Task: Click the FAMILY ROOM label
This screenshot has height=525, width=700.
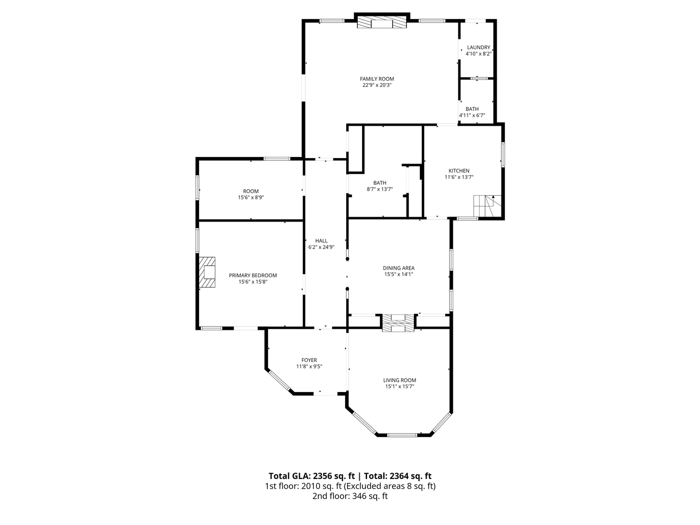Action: pyautogui.click(x=377, y=79)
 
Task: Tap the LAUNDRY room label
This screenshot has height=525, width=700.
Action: pyautogui.click(x=479, y=48)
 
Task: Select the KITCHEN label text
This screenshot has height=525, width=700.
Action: pyautogui.click(x=459, y=171)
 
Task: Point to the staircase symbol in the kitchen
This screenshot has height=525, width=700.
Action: pyautogui.click(x=487, y=206)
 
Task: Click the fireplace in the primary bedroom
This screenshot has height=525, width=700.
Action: pyautogui.click(x=207, y=272)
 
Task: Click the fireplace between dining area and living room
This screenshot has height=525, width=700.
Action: pyautogui.click(x=398, y=323)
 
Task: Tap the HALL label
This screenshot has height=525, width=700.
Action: pyautogui.click(x=321, y=241)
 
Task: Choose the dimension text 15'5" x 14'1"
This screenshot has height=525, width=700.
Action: pyautogui.click(x=399, y=274)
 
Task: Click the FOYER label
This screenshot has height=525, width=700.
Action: pyautogui.click(x=309, y=360)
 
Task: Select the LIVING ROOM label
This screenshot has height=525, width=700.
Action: pyautogui.click(x=400, y=380)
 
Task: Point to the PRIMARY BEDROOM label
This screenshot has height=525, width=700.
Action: pyautogui.click(x=253, y=276)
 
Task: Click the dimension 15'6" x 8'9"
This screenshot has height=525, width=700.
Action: pyautogui.click(x=250, y=197)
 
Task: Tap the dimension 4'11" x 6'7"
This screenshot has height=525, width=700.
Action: pyautogui.click(x=472, y=115)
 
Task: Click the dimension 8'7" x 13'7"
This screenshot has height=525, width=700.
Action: pyautogui.click(x=380, y=189)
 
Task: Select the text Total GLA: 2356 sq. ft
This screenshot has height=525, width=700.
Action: pyautogui.click(x=312, y=476)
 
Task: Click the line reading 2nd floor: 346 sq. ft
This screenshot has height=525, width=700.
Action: pyautogui.click(x=350, y=496)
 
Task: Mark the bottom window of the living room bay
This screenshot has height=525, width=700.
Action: pyautogui.click(x=402, y=435)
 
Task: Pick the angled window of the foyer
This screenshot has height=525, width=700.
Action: pyautogui.click(x=279, y=380)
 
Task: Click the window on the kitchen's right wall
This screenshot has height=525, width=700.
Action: pyautogui.click(x=503, y=155)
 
